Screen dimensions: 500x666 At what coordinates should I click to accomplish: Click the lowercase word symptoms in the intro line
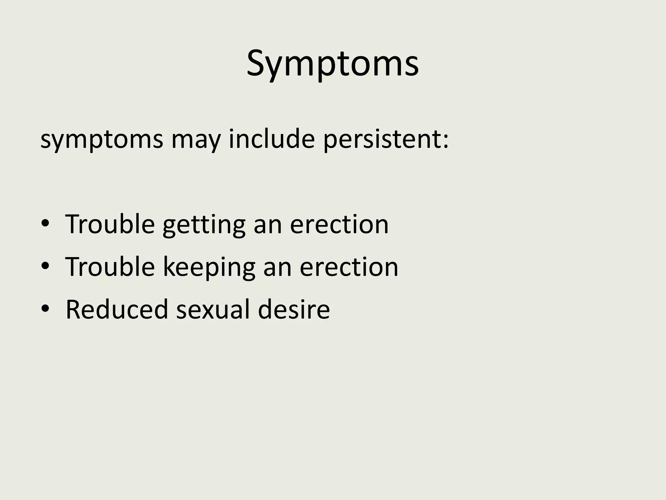[102, 139]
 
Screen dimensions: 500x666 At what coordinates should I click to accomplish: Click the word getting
[204, 225]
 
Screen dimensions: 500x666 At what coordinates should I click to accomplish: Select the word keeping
[209, 268]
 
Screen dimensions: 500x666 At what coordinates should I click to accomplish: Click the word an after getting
[268, 225]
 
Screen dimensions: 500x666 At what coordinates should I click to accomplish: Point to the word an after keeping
[277, 268]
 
